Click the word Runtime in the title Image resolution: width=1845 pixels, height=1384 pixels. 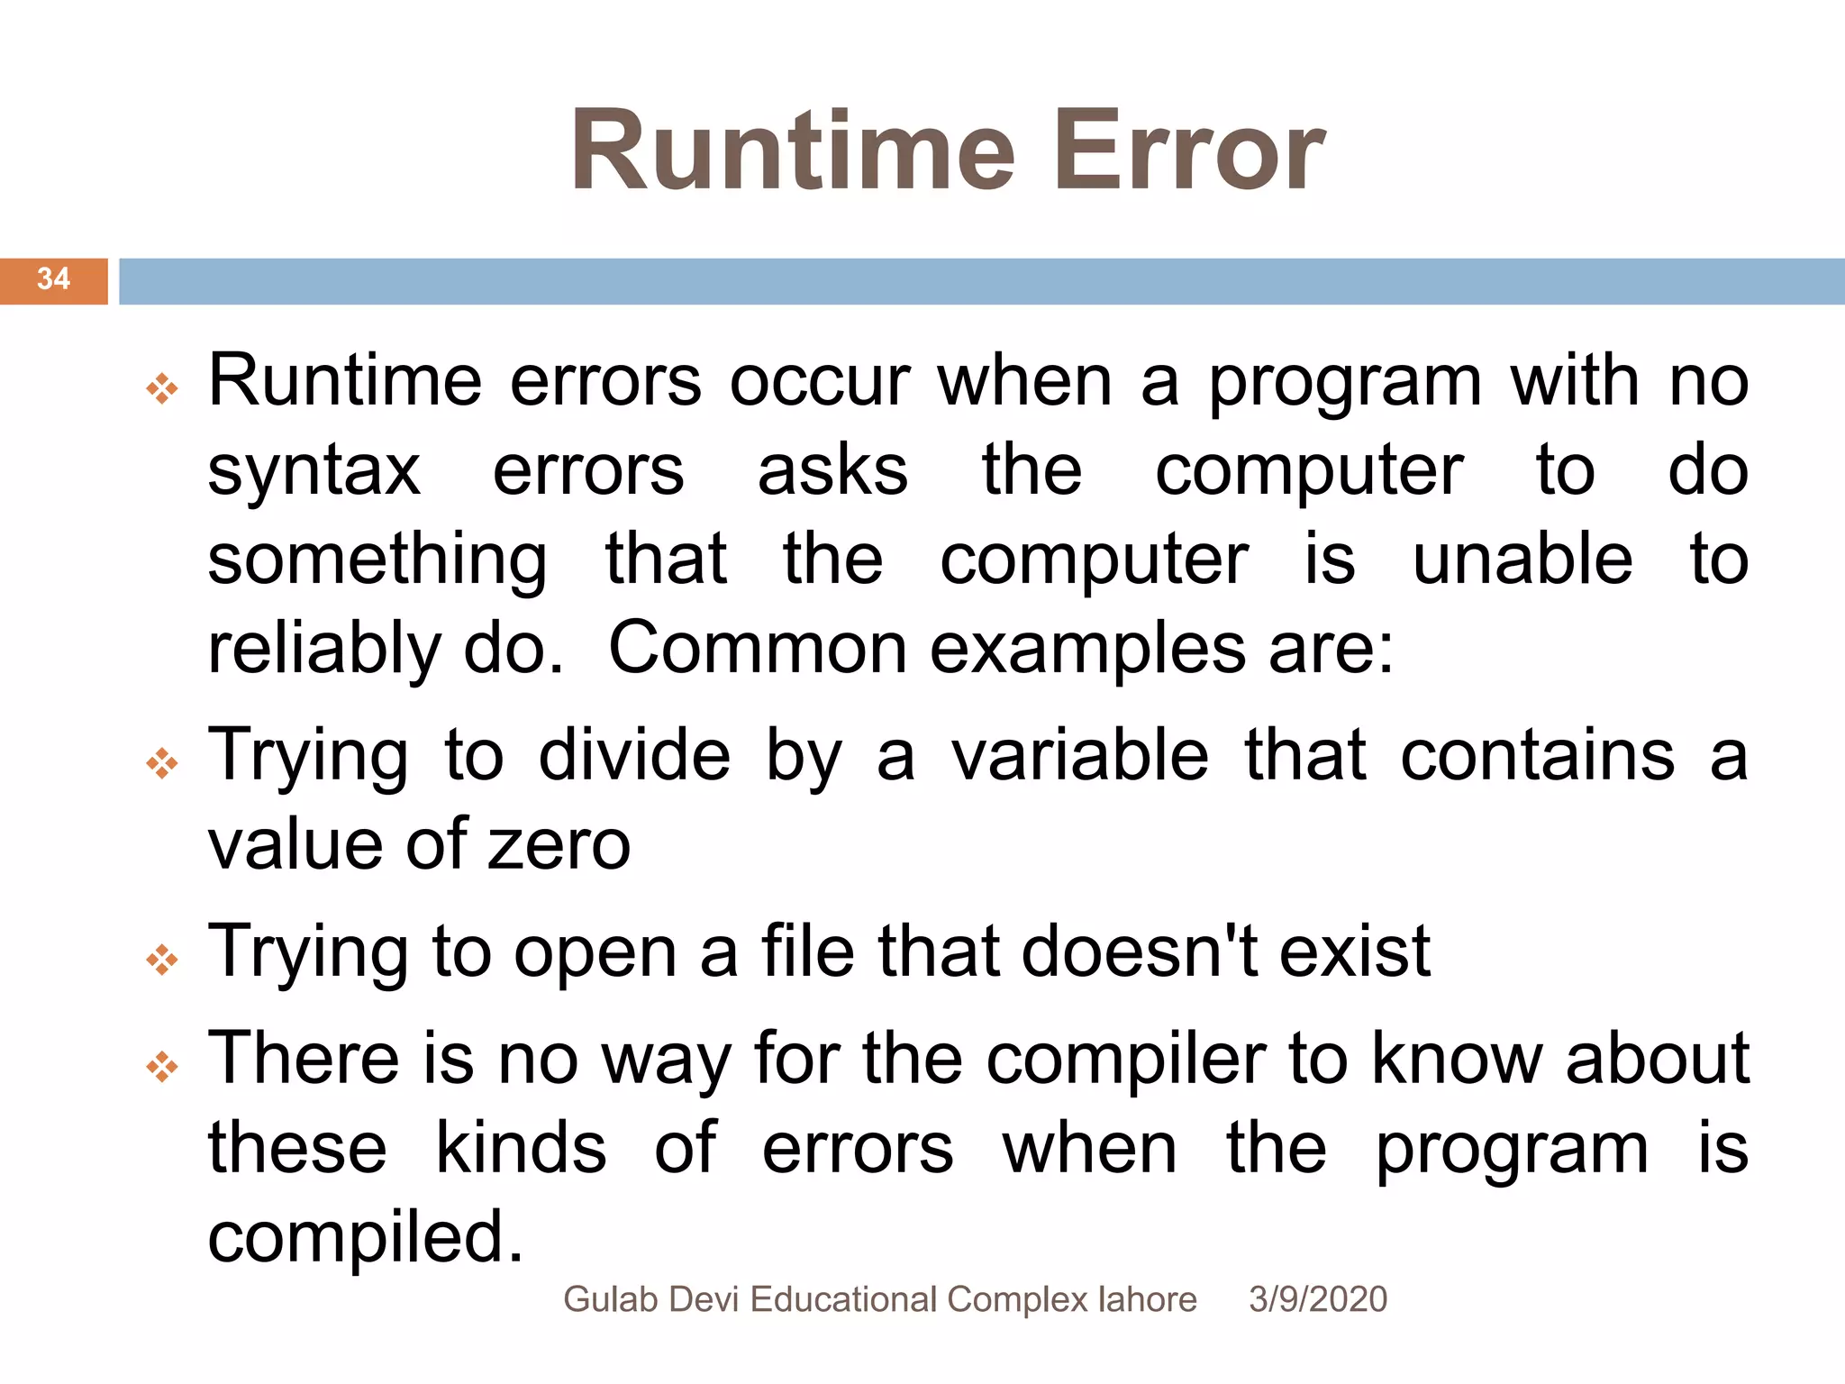[x=793, y=151]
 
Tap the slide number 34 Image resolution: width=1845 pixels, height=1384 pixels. [x=53, y=279]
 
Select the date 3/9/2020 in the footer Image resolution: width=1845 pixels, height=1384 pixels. [x=1317, y=1299]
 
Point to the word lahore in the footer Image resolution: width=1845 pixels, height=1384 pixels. [x=1147, y=1299]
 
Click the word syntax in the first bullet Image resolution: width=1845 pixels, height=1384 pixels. [x=314, y=472]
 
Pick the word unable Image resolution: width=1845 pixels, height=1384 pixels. [x=1522, y=560]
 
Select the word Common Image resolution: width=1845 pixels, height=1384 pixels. [x=758, y=649]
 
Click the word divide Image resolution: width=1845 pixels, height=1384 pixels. [x=634, y=755]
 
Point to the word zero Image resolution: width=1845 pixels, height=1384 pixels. [x=559, y=845]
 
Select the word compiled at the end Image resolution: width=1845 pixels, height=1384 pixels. [x=365, y=1238]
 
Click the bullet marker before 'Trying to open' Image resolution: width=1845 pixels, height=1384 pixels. [x=162, y=960]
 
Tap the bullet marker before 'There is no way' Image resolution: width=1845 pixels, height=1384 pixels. [x=162, y=1067]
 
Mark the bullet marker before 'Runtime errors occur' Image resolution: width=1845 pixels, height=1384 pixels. [x=162, y=389]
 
